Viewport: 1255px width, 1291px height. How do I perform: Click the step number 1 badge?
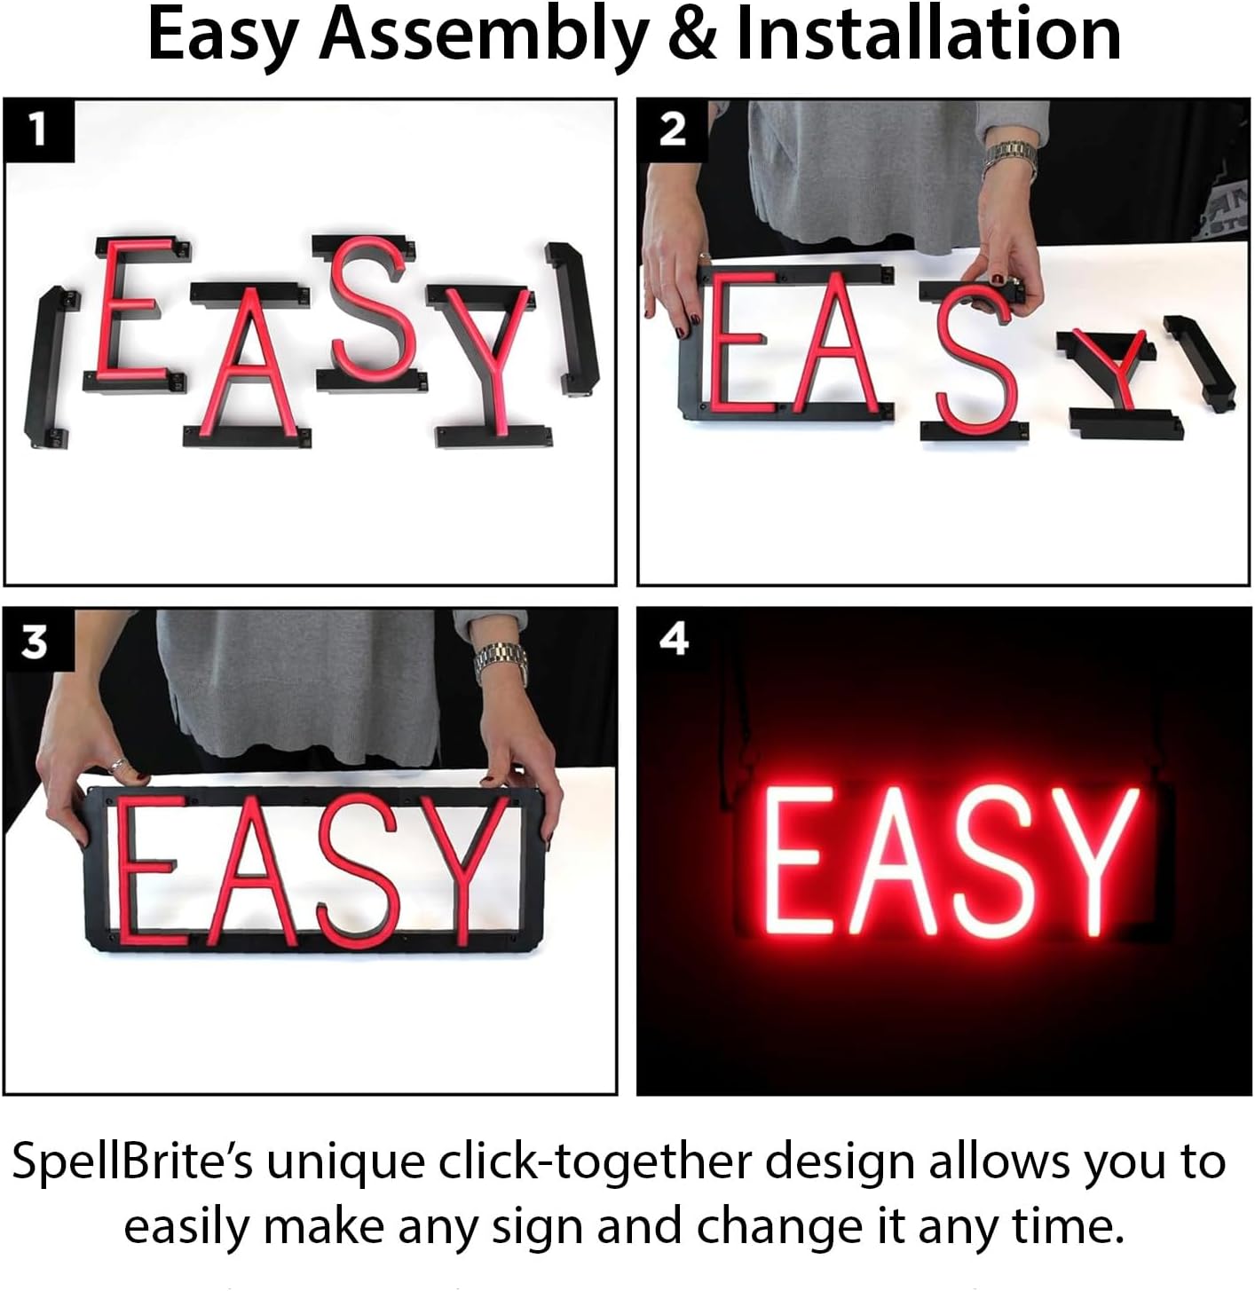click(38, 130)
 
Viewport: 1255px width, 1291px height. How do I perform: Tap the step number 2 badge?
click(672, 130)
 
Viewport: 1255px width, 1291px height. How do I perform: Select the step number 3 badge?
click(35, 641)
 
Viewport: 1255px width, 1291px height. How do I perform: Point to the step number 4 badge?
click(674, 639)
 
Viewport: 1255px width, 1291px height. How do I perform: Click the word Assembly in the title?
click(484, 35)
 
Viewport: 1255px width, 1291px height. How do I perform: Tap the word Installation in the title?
click(928, 35)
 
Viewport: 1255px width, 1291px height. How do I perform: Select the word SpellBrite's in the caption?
click(133, 1162)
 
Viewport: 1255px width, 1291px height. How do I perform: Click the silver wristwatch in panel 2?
click(1010, 159)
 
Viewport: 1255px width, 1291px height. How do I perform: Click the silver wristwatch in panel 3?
click(501, 662)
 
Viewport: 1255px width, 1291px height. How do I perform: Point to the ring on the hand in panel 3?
click(116, 765)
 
